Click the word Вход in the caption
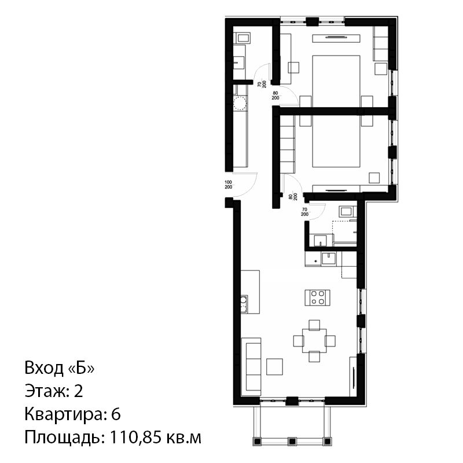pyautogui.click(x=44, y=368)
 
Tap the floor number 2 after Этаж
pyautogui.click(x=78, y=391)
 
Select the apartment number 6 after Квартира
pyautogui.click(x=116, y=414)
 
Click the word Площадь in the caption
pyautogui.click(x=65, y=438)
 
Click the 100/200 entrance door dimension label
pyautogui.click(x=228, y=185)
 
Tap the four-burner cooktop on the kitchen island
pyautogui.click(x=317, y=297)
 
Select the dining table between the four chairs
pyautogui.click(x=314, y=341)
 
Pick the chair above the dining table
pyautogui.click(x=314, y=325)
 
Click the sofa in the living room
pyautogui.click(x=251, y=367)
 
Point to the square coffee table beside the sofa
pyautogui.click(x=274, y=367)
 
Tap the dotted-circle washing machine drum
pyautogui.click(x=240, y=104)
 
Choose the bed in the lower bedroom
pyautogui.click(x=336, y=141)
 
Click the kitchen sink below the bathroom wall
pyautogui.click(x=329, y=259)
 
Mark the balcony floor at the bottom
pyautogui.click(x=292, y=421)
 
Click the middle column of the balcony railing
pyautogui.click(x=292, y=441)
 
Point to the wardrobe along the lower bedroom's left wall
pyautogui.click(x=288, y=144)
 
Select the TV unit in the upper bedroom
pyautogui.click(x=336, y=38)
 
